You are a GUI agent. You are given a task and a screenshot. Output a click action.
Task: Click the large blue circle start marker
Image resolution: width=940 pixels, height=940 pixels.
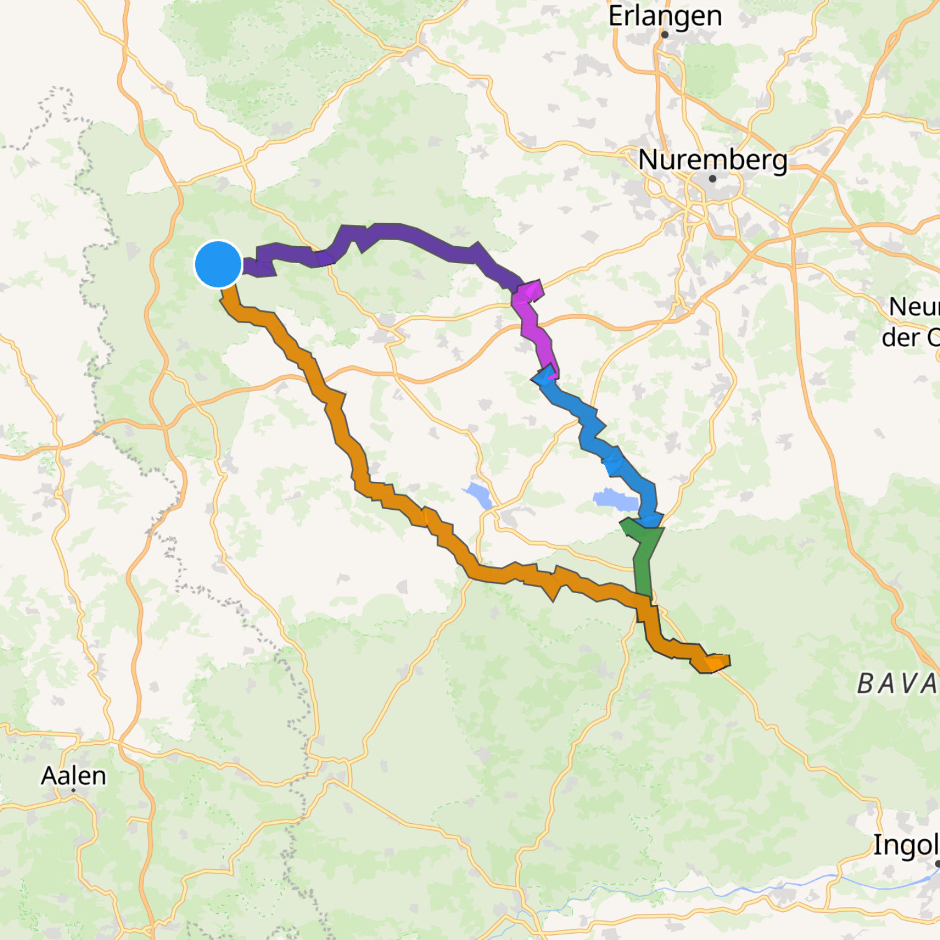click(x=218, y=264)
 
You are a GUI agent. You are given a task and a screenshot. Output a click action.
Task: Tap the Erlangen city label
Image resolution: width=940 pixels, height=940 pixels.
click(x=665, y=16)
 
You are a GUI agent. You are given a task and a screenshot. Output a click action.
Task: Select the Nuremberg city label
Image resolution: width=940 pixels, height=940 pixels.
click(x=712, y=160)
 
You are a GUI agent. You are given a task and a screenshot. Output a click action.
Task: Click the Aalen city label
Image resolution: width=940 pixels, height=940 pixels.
click(x=73, y=775)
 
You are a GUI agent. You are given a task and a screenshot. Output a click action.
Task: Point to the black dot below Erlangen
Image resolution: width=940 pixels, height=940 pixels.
click(x=665, y=35)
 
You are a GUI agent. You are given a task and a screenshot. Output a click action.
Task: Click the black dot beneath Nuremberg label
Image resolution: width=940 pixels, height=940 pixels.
click(x=712, y=178)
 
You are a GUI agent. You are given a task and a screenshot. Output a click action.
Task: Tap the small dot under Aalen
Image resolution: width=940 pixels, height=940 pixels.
click(x=73, y=790)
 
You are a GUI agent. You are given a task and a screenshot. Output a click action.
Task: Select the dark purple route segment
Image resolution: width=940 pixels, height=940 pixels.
click(x=398, y=233)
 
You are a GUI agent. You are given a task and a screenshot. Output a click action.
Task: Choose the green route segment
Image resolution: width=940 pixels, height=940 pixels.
click(x=644, y=560)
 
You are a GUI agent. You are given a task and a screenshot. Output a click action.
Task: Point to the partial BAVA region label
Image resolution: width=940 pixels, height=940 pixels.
click(x=898, y=684)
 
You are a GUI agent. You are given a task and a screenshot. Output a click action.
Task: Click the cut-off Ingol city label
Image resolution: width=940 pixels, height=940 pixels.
click(x=905, y=845)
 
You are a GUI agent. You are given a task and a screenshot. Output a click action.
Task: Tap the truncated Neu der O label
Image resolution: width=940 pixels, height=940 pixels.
click(x=911, y=322)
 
